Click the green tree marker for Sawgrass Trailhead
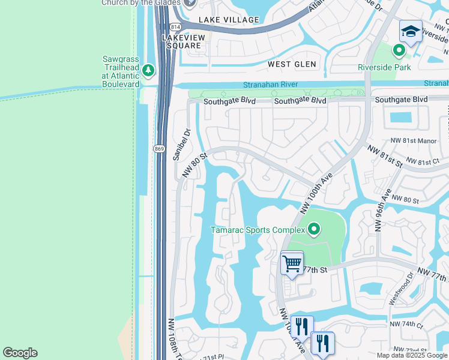(148, 71)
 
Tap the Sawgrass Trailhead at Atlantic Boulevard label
(121, 71)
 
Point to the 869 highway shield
(159, 148)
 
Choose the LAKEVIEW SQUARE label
(185, 41)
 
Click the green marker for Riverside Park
(397, 51)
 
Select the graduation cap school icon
(411, 32)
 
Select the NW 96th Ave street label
(382, 211)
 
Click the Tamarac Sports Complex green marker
(313, 229)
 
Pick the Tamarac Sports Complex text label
(257, 230)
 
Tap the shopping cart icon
(292, 263)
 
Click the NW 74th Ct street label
(406, 324)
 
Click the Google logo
(20, 352)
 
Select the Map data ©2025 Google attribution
(412, 355)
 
